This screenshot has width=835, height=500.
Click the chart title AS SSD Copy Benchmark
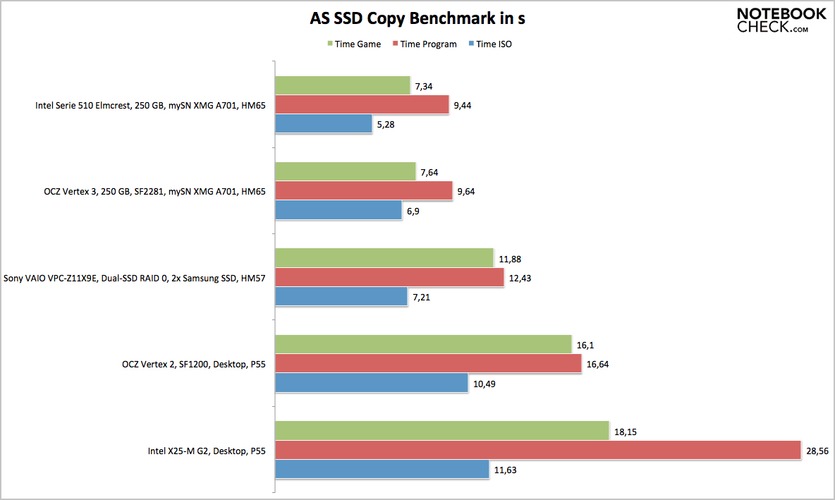(x=417, y=18)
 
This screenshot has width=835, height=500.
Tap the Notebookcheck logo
(x=781, y=20)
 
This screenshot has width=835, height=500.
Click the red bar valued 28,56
(x=537, y=450)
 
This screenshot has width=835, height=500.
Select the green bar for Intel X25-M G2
(x=441, y=431)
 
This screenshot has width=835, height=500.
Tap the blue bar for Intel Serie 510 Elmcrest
(x=323, y=124)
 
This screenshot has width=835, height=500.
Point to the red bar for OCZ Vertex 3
(x=363, y=191)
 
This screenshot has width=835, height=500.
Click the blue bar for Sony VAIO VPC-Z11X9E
(x=341, y=297)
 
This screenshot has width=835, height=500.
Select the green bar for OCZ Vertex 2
(x=422, y=344)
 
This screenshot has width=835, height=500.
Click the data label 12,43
(x=520, y=278)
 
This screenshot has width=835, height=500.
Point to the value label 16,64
(x=598, y=364)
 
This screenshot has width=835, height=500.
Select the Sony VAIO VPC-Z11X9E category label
(x=135, y=278)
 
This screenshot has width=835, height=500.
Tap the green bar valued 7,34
(x=342, y=86)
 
